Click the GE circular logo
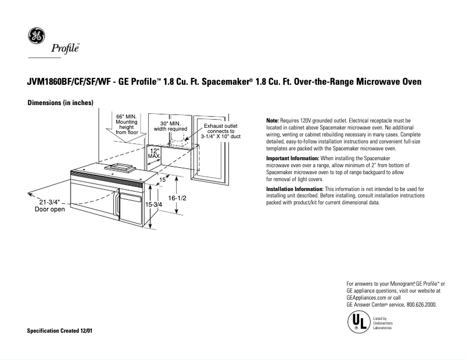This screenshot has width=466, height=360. point(36,37)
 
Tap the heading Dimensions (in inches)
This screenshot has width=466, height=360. point(60,103)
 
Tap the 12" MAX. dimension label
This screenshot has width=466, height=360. point(154,153)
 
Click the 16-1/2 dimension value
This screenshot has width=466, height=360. point(177,198)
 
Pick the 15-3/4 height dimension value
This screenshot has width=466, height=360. point(153,205)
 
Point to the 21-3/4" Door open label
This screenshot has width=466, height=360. point(50,206)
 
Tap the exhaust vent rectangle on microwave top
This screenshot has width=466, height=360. point(120,168)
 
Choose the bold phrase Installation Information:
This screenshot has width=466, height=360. point(295,189)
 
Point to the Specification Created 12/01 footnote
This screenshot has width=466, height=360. point(60,330)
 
